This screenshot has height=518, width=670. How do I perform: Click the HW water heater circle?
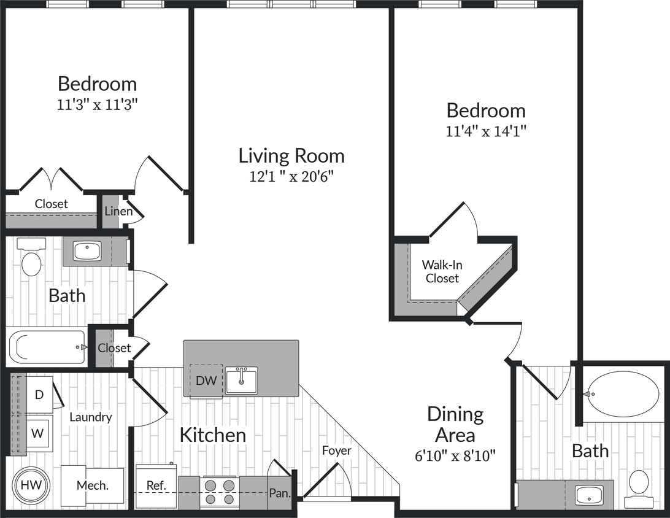tap(31, 485)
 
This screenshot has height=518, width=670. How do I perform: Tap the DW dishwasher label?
tap(206, 381)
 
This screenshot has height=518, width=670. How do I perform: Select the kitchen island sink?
tap(242, 381)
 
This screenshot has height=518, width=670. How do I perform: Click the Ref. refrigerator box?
tap(156, 485)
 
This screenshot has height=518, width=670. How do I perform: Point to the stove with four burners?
tap(220, 492)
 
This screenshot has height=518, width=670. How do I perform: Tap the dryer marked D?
tap(39, 395)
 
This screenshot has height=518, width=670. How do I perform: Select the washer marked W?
tap(38, 433)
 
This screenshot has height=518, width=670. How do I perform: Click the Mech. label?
tap(93, 485)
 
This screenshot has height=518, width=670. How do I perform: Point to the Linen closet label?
tap(118, 212)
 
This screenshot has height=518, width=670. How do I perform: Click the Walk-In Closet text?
tap(441, 272)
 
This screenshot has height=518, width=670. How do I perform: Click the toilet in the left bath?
tap(31, 259)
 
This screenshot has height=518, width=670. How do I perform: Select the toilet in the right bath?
tap(639, 488)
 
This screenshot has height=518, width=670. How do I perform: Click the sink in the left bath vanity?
tap(87, 251)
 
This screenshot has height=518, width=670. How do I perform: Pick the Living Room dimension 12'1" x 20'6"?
tap(291, 177)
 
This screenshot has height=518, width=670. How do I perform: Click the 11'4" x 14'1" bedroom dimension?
tap(486, 131)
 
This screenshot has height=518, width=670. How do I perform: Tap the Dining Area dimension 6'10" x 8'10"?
tap(455, 456)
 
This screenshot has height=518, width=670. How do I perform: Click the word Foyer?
tap(337, 450)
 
